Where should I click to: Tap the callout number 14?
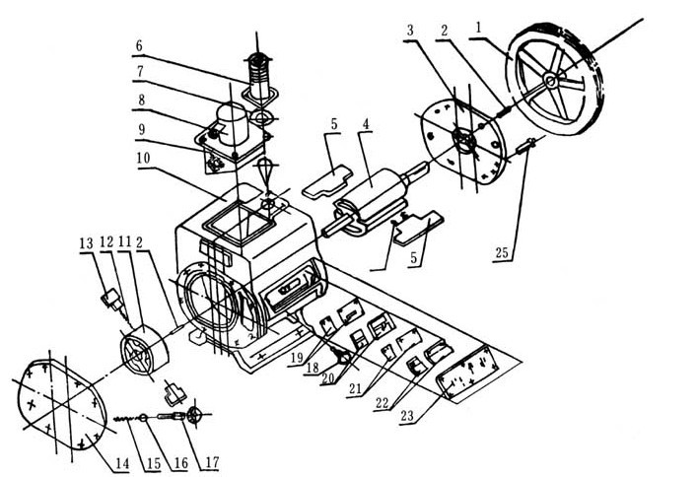click(x=120, y=460)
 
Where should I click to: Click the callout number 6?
click(x=140, y=45)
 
